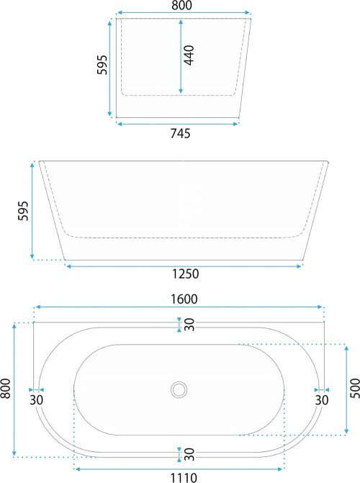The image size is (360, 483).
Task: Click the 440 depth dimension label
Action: click(x=189, y=55)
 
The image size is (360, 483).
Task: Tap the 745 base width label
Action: click(x=181, y=133)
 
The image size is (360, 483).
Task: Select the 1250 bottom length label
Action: click(x=185, y=274)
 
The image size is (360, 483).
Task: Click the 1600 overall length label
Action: click(x=184, y=299)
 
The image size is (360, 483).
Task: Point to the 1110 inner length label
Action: click(x=184, y=478)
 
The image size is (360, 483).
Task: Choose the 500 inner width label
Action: click(x=355, y=389)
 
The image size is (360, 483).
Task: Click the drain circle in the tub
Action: click(x=179, y=389)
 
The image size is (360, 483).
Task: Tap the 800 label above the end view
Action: click(x=182, y=5)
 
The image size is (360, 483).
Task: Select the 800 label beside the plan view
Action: click(x=6, y=388)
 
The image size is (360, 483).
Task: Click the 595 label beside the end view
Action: click(x=102, y=65)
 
